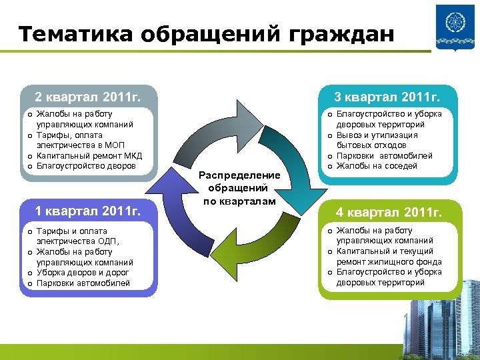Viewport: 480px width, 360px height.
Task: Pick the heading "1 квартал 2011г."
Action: [87, 212]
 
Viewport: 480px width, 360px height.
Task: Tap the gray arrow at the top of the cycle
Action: [213, 121]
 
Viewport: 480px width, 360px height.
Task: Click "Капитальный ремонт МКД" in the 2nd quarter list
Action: [85, 155]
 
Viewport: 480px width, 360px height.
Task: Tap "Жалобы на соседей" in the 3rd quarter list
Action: [377, 166]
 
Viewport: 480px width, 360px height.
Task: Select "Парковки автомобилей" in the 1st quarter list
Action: [83, 283]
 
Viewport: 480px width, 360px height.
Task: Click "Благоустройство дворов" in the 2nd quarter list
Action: [85, 166]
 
